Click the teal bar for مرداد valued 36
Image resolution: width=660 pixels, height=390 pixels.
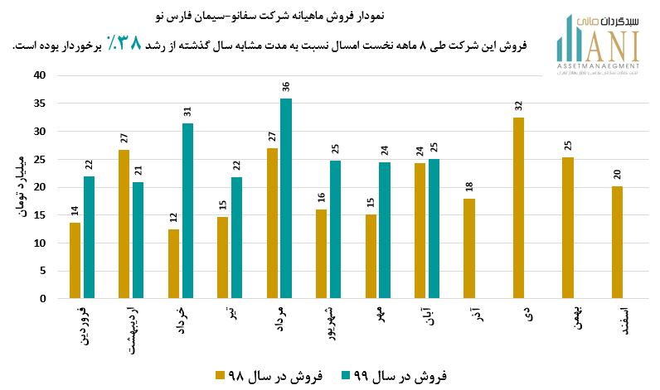pos(286,199)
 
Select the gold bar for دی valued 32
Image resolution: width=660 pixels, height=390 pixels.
pos(519,208)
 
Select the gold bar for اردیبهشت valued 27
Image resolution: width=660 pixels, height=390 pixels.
pos(124,224)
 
